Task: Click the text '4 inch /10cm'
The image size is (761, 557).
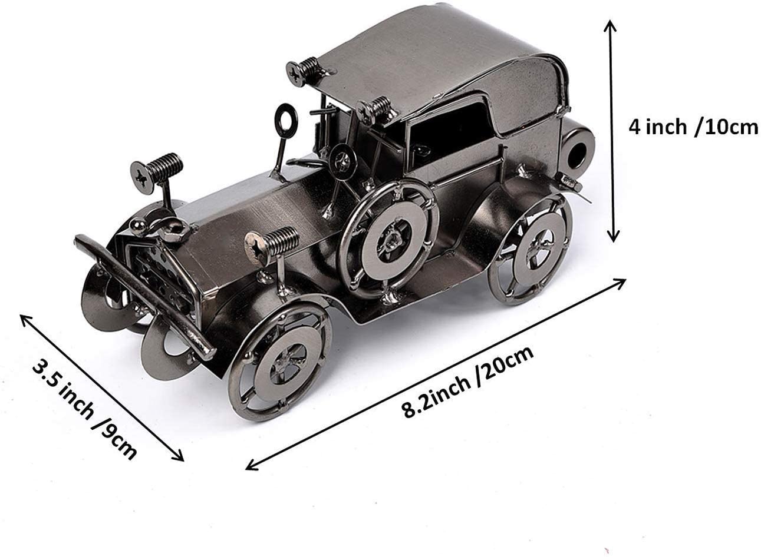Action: [693, 127]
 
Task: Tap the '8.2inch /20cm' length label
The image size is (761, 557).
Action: [468, 382]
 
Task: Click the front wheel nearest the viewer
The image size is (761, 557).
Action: [279, 362]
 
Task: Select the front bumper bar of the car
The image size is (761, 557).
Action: [144, 297]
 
